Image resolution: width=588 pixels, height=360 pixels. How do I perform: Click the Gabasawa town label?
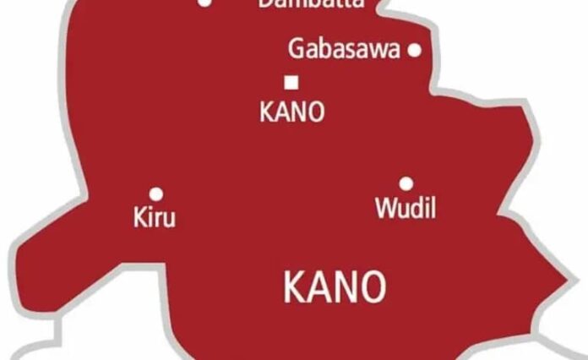click(344, 49)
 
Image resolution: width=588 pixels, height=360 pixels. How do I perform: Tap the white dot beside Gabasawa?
click(414, 50)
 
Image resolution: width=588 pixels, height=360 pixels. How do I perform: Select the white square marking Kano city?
click(292, 82)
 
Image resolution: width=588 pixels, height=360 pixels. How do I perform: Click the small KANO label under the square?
click(291, 112)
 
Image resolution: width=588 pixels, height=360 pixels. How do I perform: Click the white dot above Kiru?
click(155, 194)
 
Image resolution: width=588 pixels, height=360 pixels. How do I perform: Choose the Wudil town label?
click(406, 209)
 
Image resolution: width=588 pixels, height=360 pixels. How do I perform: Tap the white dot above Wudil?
click(406, 183)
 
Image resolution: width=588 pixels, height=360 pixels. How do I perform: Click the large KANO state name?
click(335, 288)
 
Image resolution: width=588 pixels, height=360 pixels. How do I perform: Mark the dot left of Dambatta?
click(204, 3)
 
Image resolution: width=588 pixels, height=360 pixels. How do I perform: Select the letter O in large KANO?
click(373, 288)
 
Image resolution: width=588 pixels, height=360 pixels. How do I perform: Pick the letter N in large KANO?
click(346, 288)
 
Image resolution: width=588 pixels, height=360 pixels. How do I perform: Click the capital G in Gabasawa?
click(297, 49)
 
